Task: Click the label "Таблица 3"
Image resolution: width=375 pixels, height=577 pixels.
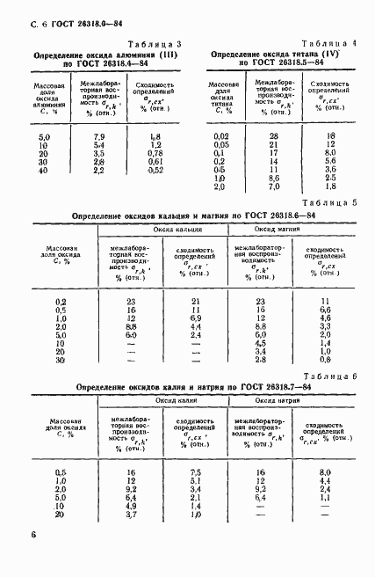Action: [154, 44]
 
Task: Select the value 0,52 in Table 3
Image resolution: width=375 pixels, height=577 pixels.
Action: [155, 170]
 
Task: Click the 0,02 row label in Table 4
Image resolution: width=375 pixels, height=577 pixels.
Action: [220, 135]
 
